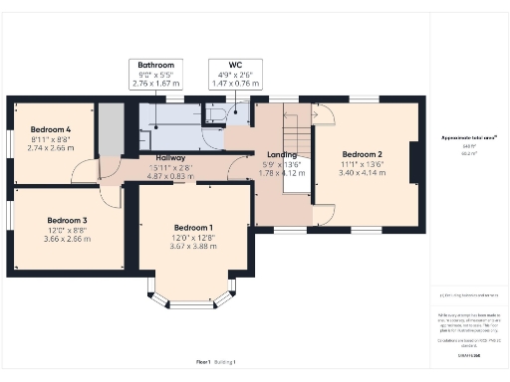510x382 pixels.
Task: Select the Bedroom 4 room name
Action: coord(51,130)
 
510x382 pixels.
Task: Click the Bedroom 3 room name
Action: coord(67,220)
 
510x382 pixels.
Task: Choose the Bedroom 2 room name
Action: coord(363,155)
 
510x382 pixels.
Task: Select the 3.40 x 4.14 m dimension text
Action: coord(363,173)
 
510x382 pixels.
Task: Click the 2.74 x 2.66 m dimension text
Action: coord(51,147)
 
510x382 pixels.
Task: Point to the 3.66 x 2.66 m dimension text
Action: coord(67,239)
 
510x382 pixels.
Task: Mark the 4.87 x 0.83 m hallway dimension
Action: coord(171,175)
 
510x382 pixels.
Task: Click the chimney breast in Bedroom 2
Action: coord(414,166)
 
